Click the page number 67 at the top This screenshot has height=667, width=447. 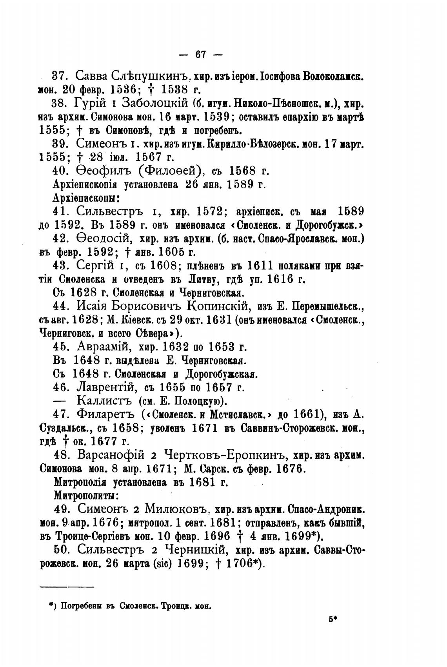tap(201, 54)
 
